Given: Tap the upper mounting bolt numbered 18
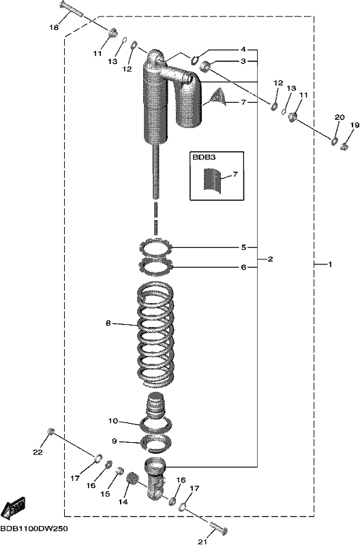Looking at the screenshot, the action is pos(72,10).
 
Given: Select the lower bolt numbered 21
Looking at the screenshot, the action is pos(218,529).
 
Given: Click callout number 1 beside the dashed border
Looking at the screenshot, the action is pos(330,264).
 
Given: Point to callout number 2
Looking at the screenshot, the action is pos(270,259).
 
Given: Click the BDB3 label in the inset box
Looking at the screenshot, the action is pos(204,157).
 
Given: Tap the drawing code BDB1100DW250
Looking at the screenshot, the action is pos(34,529).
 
